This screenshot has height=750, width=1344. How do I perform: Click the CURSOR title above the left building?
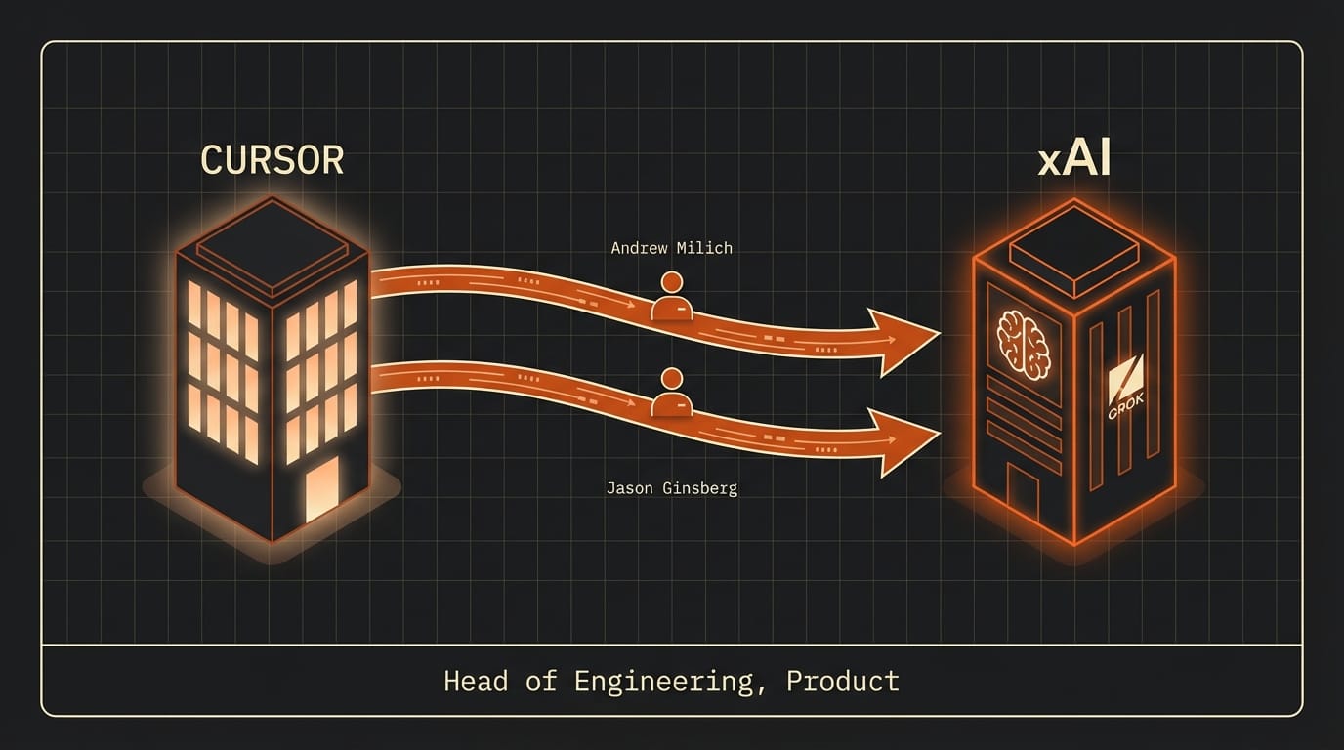coord(272,160)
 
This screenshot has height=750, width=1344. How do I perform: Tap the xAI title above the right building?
coord(1074,160)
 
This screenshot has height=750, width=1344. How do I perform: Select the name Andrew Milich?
coord(671,248)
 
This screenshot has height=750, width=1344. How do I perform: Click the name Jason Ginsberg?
coord(671,488)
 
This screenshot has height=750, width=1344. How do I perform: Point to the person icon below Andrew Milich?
coord(671,297)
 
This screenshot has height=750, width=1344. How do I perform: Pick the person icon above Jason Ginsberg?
coord(671,393)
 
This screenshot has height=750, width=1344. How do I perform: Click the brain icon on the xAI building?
coord(1024,345)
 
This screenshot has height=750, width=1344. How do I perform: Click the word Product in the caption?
coord(842,681)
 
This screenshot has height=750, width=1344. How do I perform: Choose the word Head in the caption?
coord(476,681)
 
